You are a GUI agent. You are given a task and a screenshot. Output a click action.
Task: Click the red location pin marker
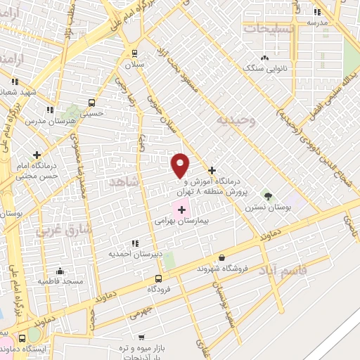click(181, 165)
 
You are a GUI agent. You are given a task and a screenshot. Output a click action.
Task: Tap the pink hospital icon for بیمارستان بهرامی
click(182, 209)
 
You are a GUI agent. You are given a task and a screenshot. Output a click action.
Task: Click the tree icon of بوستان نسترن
click(266, 194)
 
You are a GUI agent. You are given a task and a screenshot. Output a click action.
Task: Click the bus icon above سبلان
click(134, 53)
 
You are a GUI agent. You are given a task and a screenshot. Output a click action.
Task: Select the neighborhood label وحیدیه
click(233, 120)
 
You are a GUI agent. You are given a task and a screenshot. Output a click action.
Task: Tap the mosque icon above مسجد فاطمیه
click(60, 271)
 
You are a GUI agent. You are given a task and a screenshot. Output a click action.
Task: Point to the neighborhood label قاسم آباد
click(281, 270)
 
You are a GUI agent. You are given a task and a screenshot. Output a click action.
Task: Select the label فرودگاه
click(160, 288)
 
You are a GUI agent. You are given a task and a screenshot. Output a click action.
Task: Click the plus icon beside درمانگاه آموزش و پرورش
click(212, 170)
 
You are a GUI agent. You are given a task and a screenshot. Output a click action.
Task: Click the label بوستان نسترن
click(264, 208)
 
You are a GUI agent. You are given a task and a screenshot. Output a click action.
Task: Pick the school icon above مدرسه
click(317, 12)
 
